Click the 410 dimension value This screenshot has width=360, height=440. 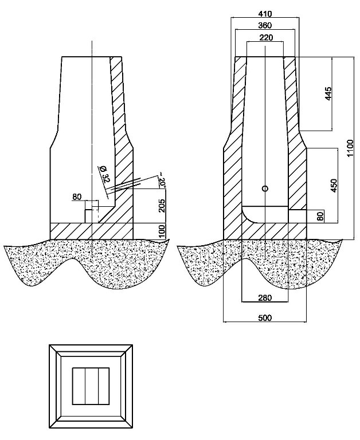pos(264,13)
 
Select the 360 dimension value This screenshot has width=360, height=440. pos(264,26)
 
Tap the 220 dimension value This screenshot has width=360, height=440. pos(264,38)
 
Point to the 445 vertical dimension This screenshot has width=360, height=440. pos(328,93)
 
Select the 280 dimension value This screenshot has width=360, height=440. pos(264,298)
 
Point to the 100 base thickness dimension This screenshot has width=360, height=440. pos(162,231)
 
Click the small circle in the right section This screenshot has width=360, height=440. pos(265,188)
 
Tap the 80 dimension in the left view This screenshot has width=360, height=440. pos(77,197)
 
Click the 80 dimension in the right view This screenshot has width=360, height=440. pos(320,216)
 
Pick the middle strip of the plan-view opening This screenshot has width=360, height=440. pos(91,386)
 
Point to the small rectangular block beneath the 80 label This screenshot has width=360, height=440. pos(89,215)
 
